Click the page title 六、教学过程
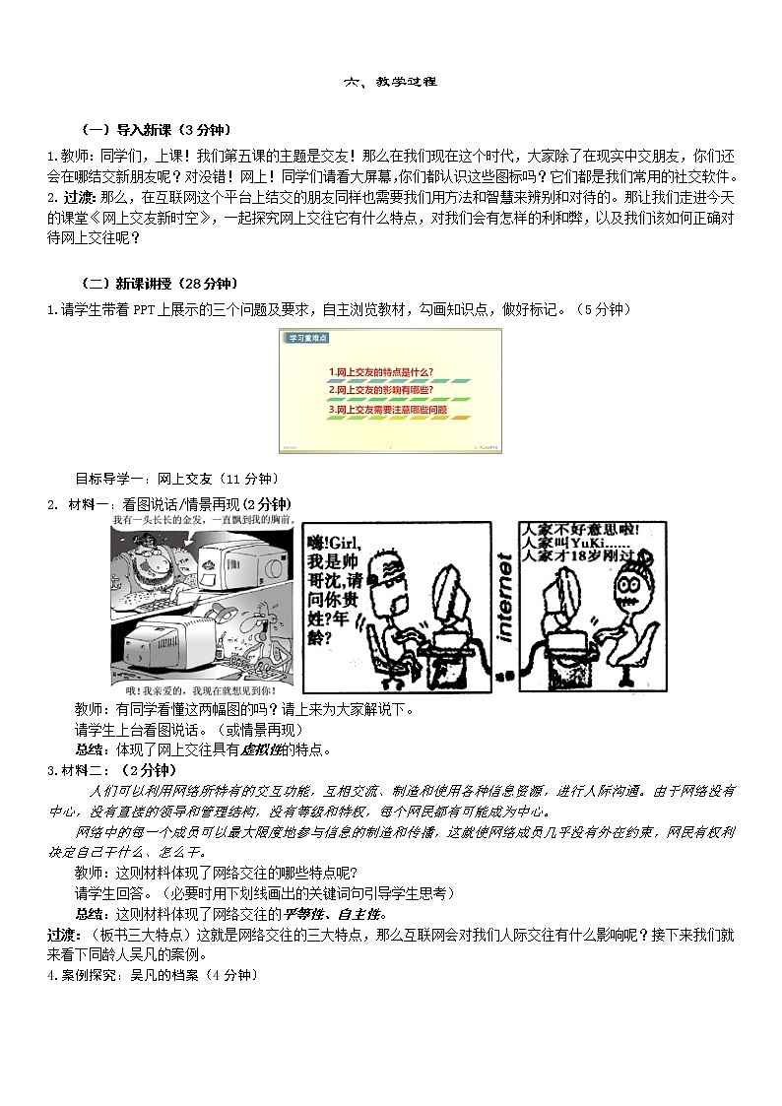pos(390,83)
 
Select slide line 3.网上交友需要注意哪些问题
pos(388,408)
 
